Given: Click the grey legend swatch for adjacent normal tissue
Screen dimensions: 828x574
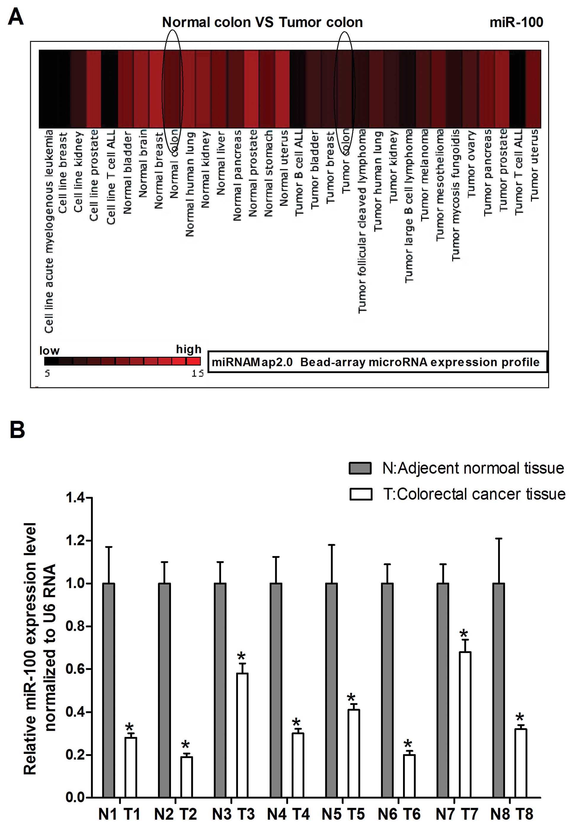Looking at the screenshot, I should tap(360, 468).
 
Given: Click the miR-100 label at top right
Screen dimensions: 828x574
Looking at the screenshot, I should tap(516, 22).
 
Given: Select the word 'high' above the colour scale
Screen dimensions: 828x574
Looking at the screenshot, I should tap(188, 349).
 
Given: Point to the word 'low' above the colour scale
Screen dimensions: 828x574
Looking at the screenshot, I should tap(49, 351).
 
